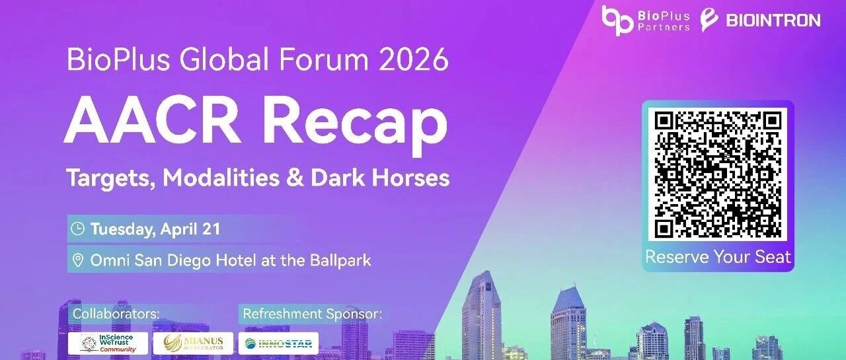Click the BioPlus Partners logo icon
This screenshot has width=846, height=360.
click(x=617, y=20)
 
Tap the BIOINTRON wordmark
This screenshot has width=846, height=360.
click(x=773, y=20)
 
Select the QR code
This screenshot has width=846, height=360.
click(x=718, y=174)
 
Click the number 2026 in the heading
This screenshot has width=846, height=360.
click(x=414, y=59)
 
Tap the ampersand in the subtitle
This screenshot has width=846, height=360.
click(x=295, y=178)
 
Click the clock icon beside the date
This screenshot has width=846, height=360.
click(x=78, y=229)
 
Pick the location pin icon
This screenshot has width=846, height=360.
click(x=78, y=260)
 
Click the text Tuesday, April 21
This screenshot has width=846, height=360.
click(x=155, y=229)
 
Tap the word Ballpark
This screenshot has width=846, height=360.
click(x=340, y=261)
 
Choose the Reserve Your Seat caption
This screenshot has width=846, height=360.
click(x=718, y=257)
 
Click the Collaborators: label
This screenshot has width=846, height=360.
click(x=116, y=314)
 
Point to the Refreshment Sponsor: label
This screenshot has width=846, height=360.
click(x=313, y=314)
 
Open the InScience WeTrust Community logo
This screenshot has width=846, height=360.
click(x=108, y=343)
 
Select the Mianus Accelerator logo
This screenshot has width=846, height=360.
click(x=194, y=343)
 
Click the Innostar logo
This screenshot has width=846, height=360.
click(x=278, y=343)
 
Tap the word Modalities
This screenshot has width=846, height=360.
click(x=221, y=178)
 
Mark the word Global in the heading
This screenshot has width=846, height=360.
click(x=224, y=59)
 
